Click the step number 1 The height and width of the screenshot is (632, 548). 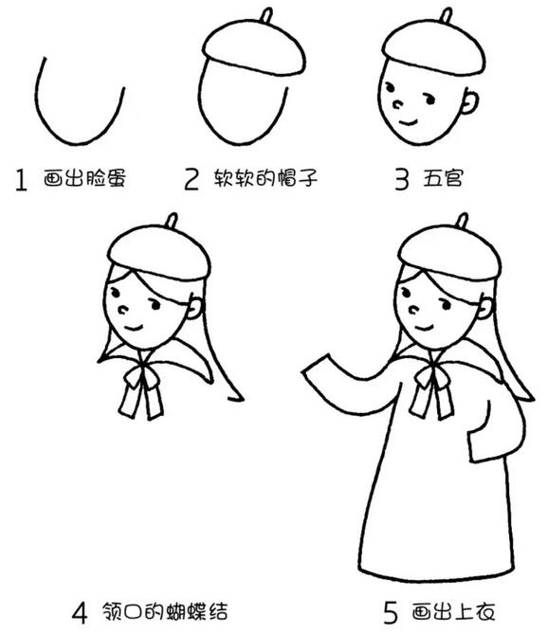point(21,180)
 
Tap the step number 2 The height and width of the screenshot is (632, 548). point(192,178)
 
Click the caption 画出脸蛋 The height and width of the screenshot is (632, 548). point(86,178)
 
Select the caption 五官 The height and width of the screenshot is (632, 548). point(443,177)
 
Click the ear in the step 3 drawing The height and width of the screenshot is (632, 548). point(468,100)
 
